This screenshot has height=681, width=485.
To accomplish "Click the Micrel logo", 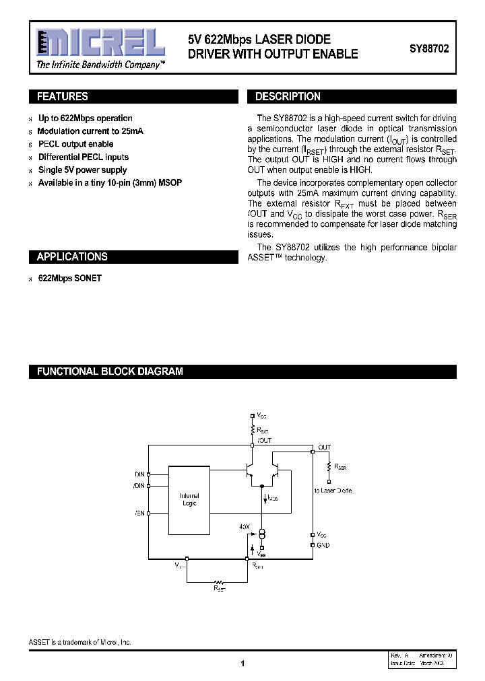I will click(x=100, y=44).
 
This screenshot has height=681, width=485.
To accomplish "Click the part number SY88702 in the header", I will click(x=429, y=49).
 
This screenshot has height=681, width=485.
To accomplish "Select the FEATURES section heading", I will click(x=62, y=97).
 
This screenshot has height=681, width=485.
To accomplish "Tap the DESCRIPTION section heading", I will click(x=288, y=97).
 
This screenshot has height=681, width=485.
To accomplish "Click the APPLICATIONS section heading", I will click(x=72, y=257).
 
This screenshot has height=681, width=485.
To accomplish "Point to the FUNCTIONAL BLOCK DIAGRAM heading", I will click(x=110, y=371).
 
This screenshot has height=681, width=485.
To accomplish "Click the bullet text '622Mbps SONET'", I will click(x=70, y=278).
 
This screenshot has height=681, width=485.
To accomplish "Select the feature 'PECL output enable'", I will click(x=75, y=144).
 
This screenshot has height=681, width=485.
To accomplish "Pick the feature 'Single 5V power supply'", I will click(x=82, y=170).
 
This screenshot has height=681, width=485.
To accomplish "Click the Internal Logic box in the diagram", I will click(x=189, y=499).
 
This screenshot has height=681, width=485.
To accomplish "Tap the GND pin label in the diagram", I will click(x=323, y=545).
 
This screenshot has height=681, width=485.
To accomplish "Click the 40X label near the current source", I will click(x=245, y=527).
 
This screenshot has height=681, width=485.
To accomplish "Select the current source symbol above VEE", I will click(x=263, y=534).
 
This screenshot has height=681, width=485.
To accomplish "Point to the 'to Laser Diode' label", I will click(x=333, y=491).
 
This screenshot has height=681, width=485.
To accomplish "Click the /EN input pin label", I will click(x=139, y=513).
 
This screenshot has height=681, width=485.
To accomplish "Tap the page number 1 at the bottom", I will click(x=243, y=664).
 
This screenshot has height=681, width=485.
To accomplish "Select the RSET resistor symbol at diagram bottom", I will click(x=219, y=581).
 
